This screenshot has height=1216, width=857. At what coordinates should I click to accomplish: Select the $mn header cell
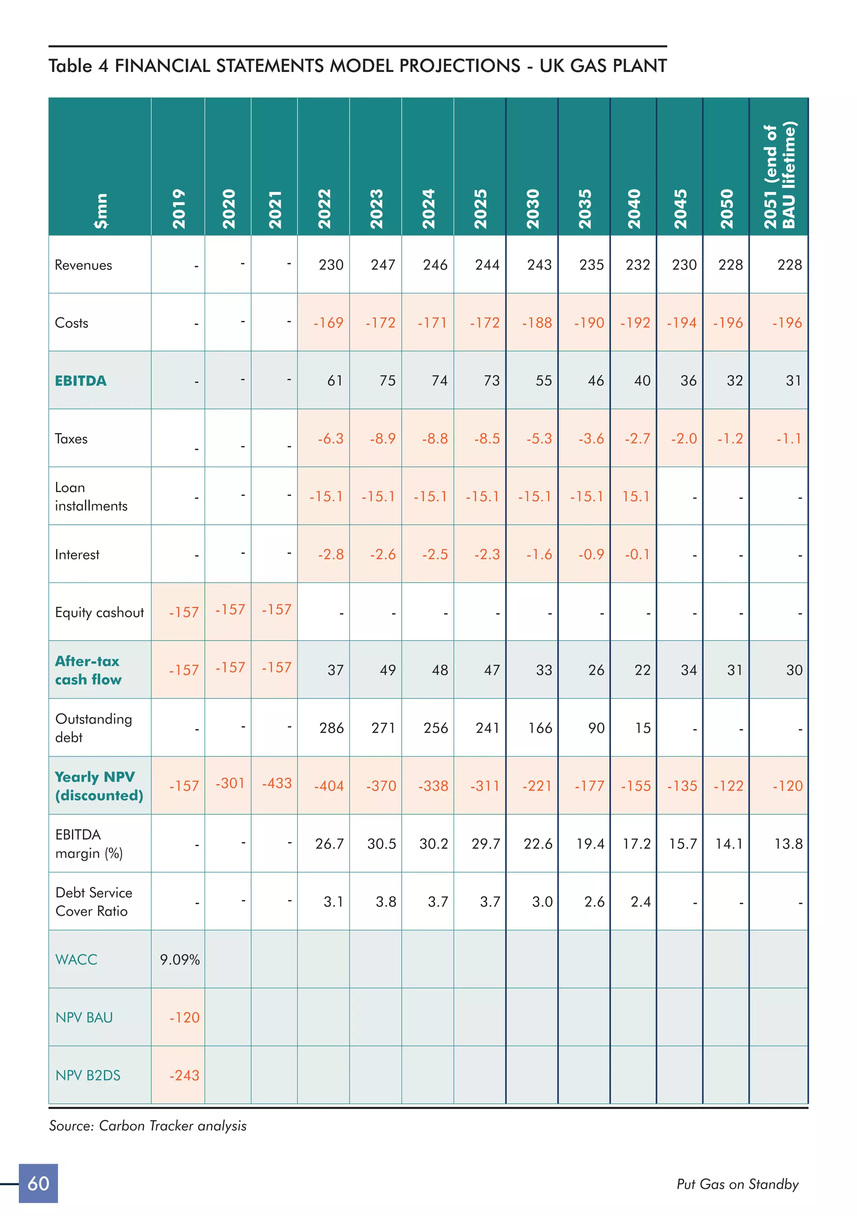click(x=100, y=211)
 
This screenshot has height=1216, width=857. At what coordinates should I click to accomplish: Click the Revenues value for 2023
click(x=382, y=265)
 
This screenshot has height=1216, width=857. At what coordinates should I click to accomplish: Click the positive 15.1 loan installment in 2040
click(x=636, y=496)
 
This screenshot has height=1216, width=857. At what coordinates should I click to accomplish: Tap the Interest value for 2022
click(x=331, y=554)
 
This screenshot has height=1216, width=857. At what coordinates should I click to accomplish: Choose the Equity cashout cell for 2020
click(x=230, y=610)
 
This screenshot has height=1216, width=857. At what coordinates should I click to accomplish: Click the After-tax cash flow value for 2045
click(x=688, y=670)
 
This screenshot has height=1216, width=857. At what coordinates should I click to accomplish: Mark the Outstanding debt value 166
click(x=540, y=728)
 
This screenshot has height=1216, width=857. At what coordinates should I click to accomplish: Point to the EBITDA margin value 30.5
click(x=381, y=844)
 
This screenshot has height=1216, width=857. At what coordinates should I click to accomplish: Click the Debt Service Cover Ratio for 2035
click(x=594, y=902)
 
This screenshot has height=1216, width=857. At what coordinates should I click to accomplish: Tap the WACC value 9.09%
click(x=180, y=959)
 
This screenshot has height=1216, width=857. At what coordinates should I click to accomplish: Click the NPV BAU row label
click(x=84, y=1017)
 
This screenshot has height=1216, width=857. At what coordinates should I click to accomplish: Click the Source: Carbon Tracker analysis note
click(x=148, y=1126)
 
